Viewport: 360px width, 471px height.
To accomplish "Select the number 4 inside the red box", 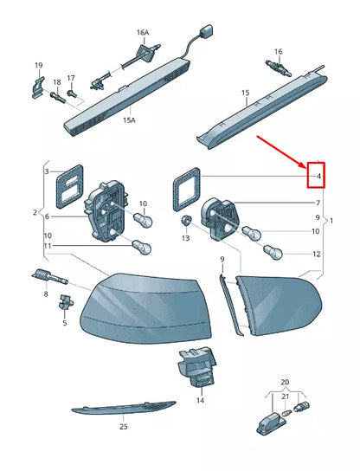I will [318, 177].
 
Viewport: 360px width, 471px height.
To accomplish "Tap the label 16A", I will [142, 32].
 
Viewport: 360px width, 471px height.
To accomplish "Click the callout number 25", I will [123, 427].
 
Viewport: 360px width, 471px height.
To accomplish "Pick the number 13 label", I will [184, 238].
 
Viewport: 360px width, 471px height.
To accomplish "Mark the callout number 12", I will [316, 255].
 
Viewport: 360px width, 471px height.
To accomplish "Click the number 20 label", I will [285, 382].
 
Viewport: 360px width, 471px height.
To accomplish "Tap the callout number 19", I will [38, 66].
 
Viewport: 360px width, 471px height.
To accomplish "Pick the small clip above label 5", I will [64, 302].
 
